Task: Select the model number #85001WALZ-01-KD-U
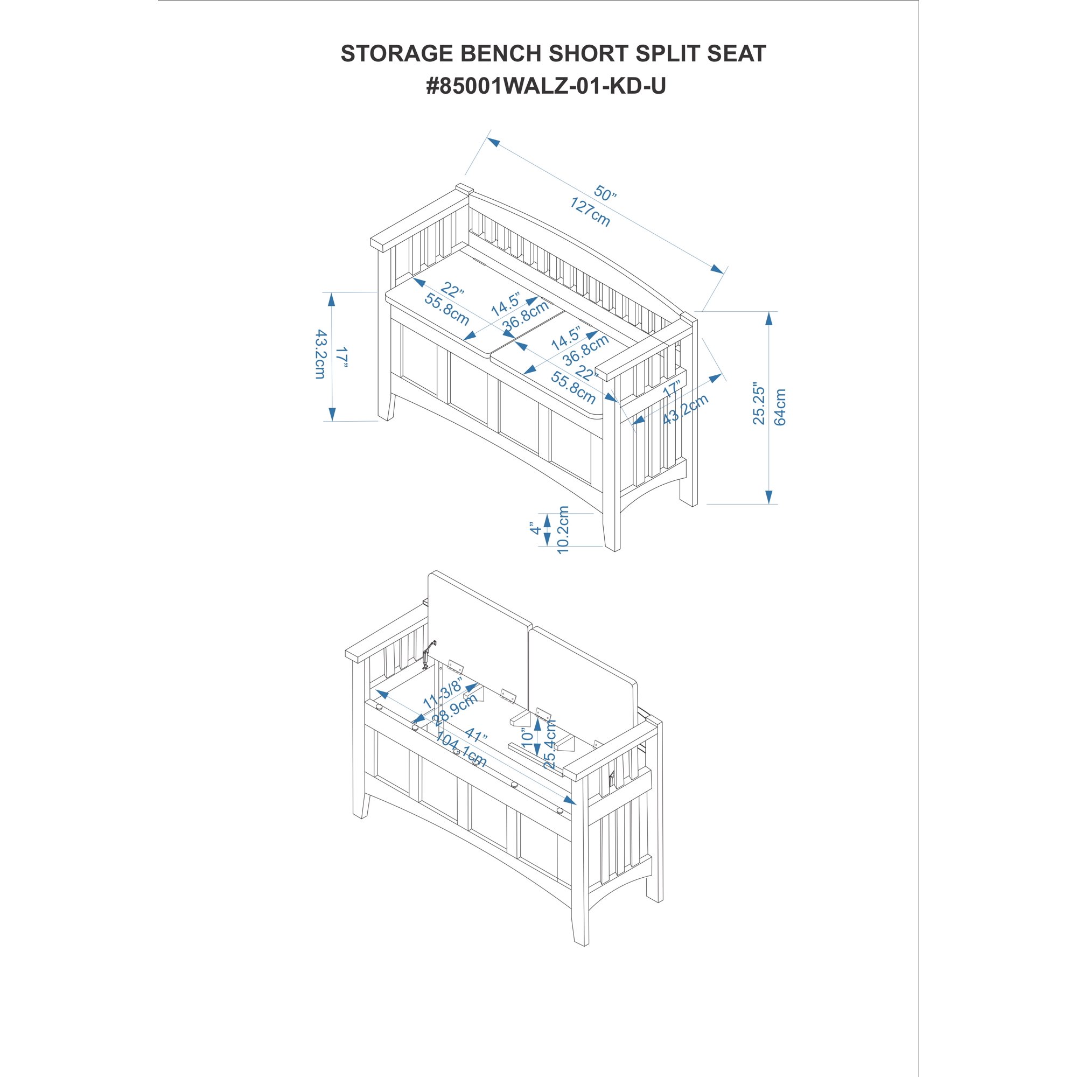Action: click(546, 86)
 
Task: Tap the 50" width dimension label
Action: click(605, 193)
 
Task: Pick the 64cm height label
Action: click(780, 407)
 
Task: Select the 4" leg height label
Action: click(536, 528)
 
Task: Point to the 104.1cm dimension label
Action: click(461, 750)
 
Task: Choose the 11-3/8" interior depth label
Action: click(443, 690)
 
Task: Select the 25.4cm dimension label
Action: click(550, 744)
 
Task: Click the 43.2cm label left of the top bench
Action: click(320, 354)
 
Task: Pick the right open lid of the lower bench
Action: click(582, 677)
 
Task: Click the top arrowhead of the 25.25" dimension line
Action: click(769, 318)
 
